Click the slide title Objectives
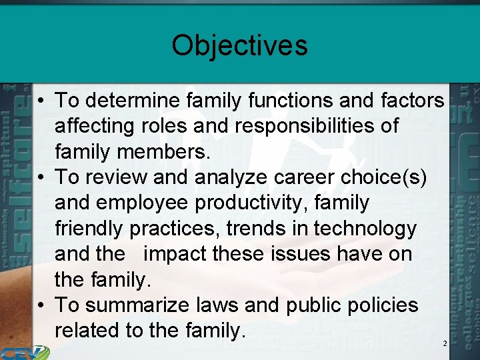(239, 45)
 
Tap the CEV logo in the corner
(23, 353)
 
